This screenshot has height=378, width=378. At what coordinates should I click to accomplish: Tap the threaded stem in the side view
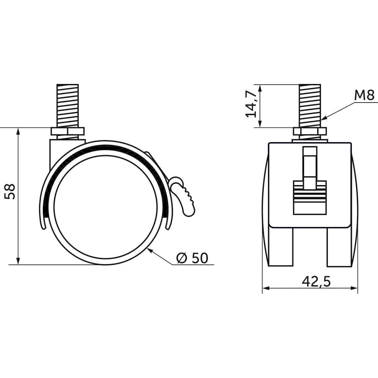[68, 106]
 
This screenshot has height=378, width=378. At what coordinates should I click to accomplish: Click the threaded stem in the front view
[310, 106]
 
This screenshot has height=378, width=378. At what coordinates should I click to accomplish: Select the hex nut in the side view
[68, 131]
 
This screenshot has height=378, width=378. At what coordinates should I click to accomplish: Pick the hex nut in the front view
[310, 131]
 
